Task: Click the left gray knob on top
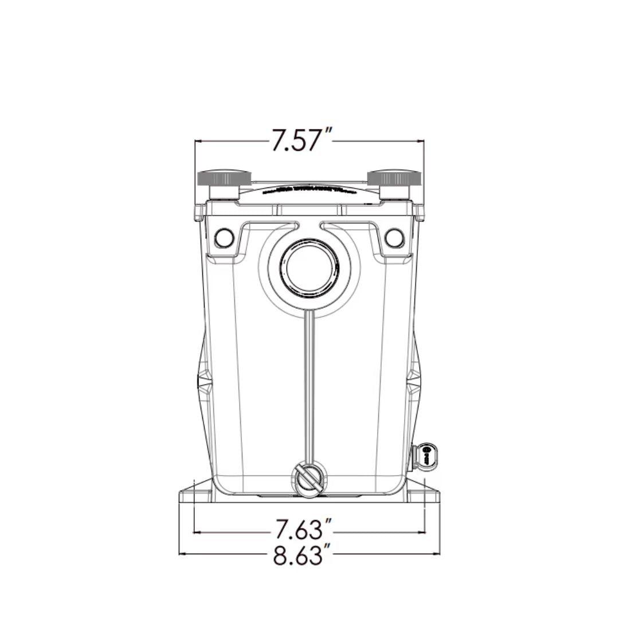tap(224, 178)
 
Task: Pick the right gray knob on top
tap(394, 178)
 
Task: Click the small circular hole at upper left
tap(224, 237)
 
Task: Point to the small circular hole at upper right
tap(394, 237)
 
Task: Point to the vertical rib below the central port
tap(309, 390)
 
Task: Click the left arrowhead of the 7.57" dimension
tap(198, 140)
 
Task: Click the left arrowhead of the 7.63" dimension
tap(197, 532)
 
